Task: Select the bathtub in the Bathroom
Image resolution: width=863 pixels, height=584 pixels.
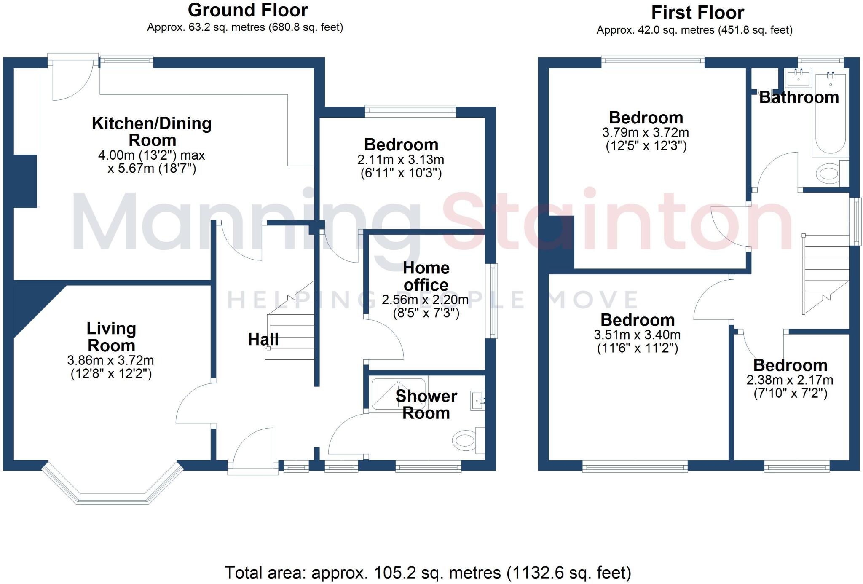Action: (831, 114)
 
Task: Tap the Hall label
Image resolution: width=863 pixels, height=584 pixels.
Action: (263, 339)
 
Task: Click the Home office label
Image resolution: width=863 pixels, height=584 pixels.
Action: (426, 276)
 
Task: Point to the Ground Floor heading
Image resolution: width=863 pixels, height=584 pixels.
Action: (248, 10)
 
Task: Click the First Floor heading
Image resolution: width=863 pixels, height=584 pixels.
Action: (697, 13)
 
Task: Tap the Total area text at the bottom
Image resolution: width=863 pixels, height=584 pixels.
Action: (428, 573)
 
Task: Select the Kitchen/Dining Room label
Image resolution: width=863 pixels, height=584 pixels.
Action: (152, 131)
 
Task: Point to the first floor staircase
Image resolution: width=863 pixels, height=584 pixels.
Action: (825, 274)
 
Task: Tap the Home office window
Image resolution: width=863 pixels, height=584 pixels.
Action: (491, 301)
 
